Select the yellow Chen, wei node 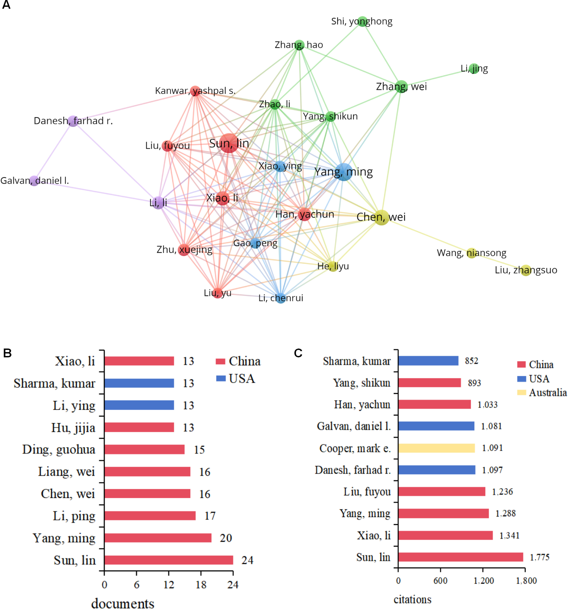(381, 217)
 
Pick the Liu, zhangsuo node (526, 270)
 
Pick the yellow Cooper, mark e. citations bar (437, 448)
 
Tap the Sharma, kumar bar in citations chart (428, 361)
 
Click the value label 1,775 (539, 557)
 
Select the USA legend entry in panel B (235, 379)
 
